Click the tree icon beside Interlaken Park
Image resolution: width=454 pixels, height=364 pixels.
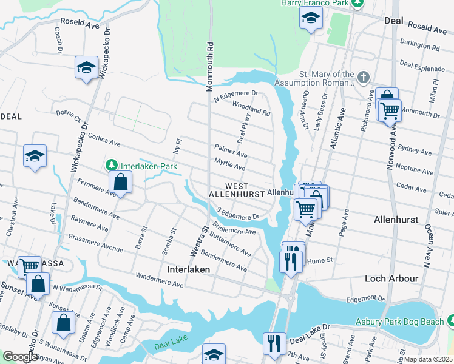111,165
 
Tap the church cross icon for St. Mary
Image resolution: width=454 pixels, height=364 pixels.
363,78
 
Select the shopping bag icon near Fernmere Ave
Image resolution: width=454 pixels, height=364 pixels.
121,181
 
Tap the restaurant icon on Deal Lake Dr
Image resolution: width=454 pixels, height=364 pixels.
274,343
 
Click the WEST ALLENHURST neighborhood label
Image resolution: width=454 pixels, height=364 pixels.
237,189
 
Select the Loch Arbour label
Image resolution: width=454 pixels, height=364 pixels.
391,278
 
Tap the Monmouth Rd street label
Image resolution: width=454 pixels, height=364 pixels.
209,67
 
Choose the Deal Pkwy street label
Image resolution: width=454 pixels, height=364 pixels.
244,130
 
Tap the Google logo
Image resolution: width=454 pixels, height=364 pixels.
20,357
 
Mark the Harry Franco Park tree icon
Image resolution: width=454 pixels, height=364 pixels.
358,3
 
